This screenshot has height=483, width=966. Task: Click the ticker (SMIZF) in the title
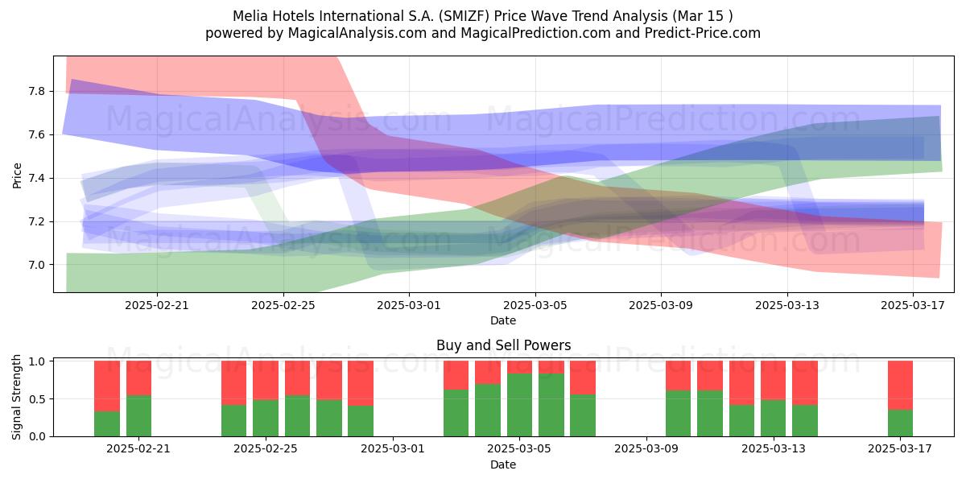click(x=464, y=16)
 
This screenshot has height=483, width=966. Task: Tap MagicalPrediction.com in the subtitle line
click(x=535, y=33)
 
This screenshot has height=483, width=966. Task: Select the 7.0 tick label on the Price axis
click(x=36, y=265)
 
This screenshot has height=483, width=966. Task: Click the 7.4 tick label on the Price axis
click(x=36, y=178)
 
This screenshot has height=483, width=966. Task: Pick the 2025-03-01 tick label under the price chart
click(x=409, y=305)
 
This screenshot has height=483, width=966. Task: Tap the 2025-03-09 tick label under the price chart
click(x=661, y=305)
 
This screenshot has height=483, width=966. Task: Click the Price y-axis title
click(x=17, y=175)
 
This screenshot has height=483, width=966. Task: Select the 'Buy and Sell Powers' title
click(x=503, y=345)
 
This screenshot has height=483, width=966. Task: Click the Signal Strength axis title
click(x=16, y=397)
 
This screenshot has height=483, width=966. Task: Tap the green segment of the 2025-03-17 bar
click(x=901, y=423)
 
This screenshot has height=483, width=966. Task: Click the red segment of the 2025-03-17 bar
click(x=901, y=385)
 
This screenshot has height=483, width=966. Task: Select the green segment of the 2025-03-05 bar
click(x=520, y=405)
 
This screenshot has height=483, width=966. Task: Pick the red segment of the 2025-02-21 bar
click(x=138, y=378)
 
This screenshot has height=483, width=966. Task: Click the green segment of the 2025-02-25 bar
click(x=266, y=419)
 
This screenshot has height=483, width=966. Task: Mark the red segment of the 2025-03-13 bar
click(x=774, y=380)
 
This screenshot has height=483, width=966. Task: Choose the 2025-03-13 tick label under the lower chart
click(x=774, y=449)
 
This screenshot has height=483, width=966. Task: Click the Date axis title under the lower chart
click(x=503, y=464)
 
